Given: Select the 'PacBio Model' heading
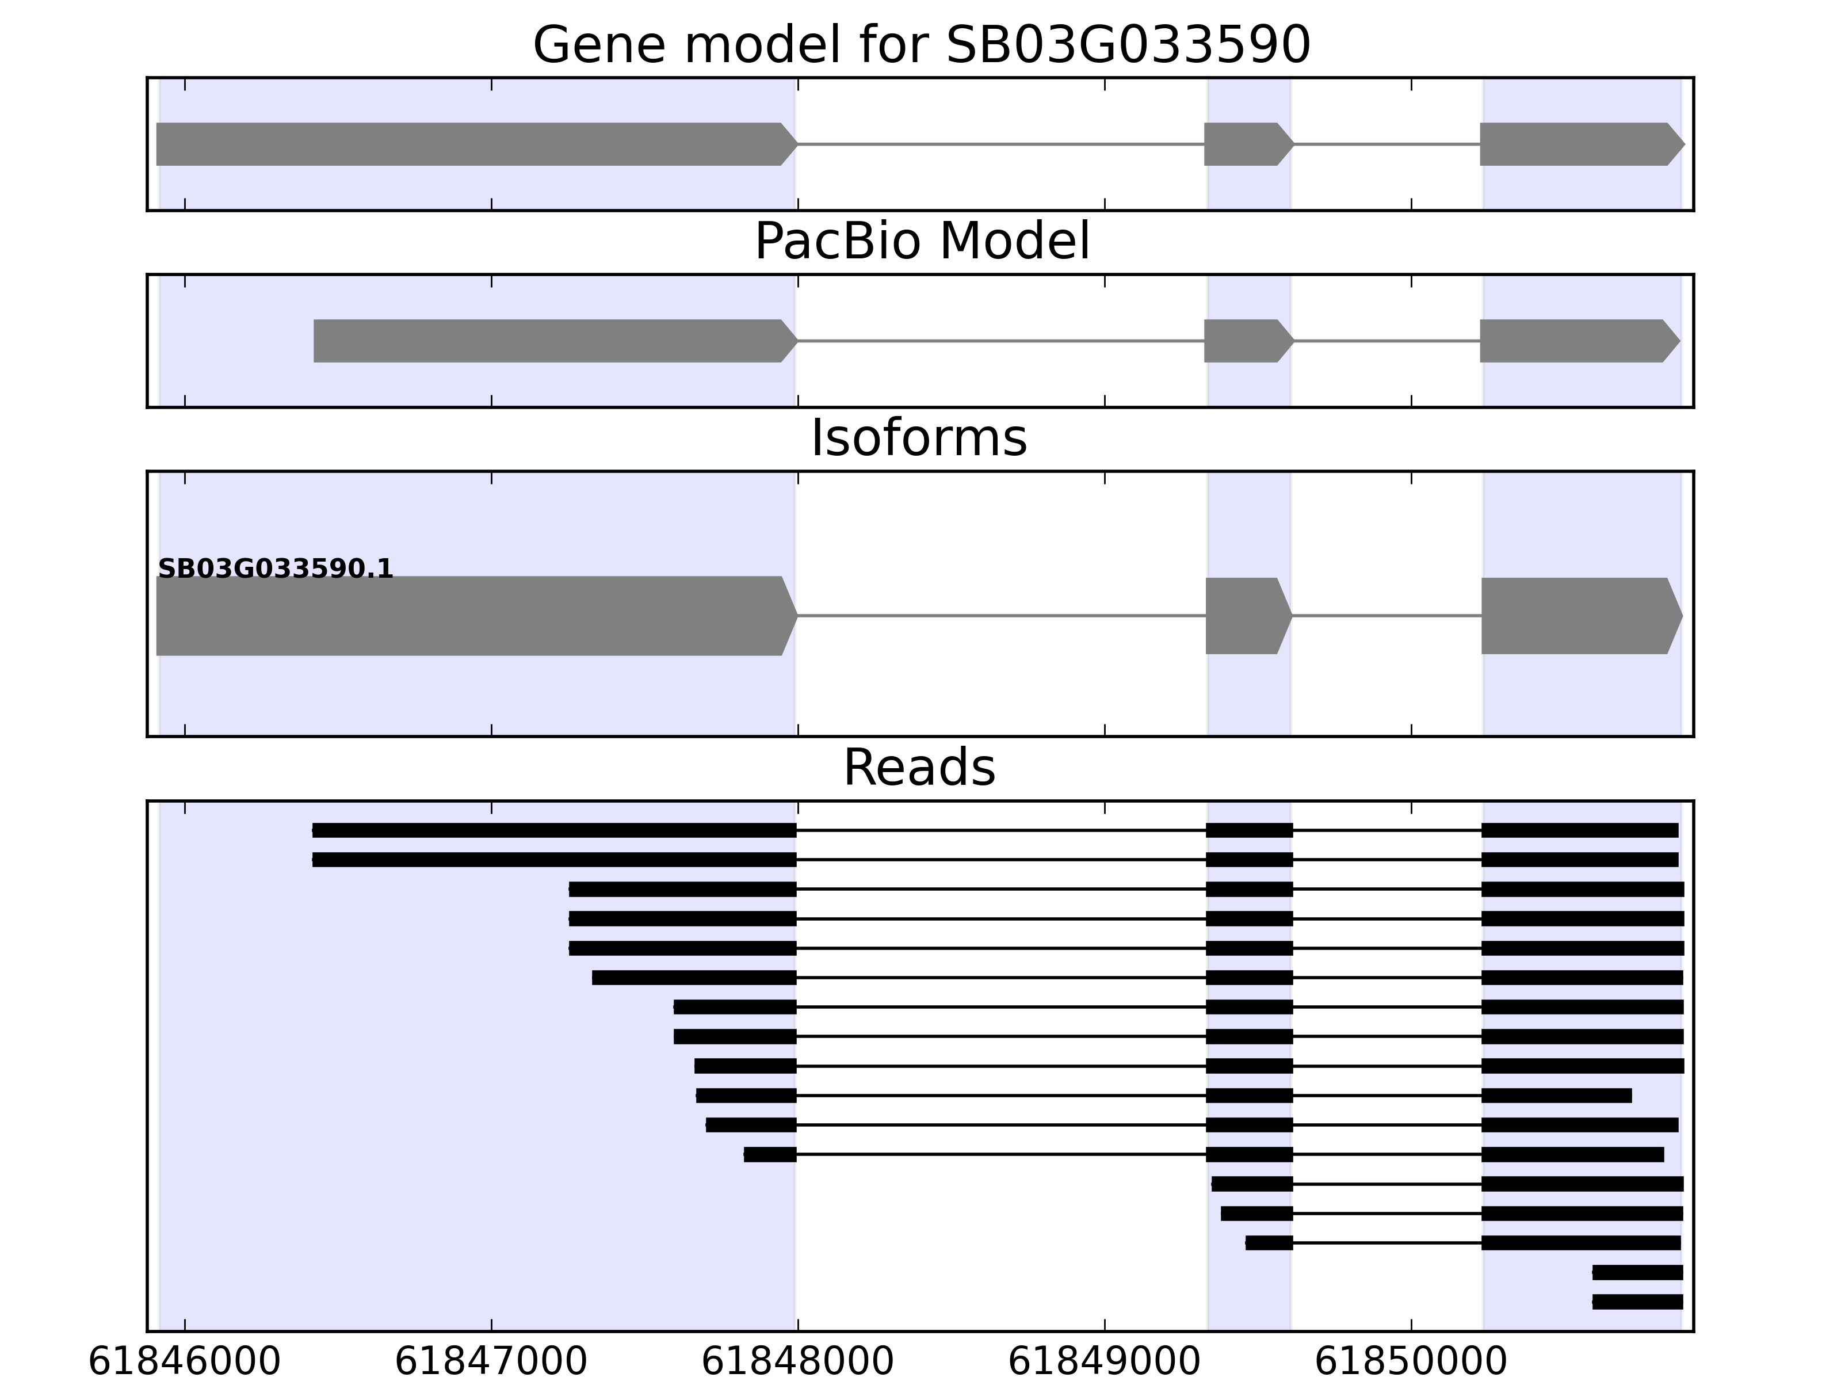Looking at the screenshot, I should pos(920,242).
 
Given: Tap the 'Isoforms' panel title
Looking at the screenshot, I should pos(919,438).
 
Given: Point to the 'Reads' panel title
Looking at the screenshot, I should pos(919,768).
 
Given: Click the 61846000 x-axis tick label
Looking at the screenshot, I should pos(184,1362).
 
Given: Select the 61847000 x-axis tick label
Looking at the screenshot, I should pos(491,1362).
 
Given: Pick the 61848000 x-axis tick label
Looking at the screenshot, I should pos(797,1362).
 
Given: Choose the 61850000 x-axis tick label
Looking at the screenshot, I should pos(1411,1362).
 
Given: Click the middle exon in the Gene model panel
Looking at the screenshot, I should pos(1247,144).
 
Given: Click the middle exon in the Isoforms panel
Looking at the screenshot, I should pos(1247,616).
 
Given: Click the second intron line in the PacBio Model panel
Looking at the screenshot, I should pos(1387,341).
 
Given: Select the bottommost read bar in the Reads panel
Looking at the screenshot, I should pos(1637,1302).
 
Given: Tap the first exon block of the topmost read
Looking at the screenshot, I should pos(553,830).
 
